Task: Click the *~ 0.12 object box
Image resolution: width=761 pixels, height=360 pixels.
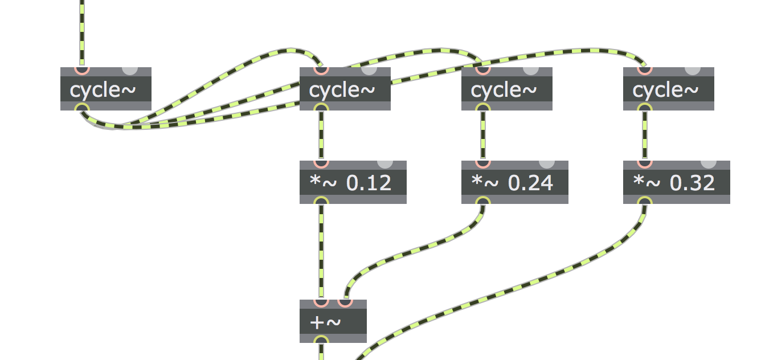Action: coord(353,182)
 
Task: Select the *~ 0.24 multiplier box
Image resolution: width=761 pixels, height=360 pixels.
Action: coord(515,182)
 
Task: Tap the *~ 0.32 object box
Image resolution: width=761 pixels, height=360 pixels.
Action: coord(676,182)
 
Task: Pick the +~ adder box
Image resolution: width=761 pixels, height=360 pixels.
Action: coord(333,321)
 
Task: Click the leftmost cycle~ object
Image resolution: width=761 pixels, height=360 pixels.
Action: coord(106,89)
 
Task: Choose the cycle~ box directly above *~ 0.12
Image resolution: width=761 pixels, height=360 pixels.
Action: coord(345,89)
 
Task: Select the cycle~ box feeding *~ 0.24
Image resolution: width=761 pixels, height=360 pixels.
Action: coord(507,89)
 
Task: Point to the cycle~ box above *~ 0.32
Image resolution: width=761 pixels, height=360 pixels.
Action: coord(669,89)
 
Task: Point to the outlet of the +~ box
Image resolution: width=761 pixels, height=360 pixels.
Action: coord(321,339)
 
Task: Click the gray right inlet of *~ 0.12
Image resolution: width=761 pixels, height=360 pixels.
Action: coord(385,164)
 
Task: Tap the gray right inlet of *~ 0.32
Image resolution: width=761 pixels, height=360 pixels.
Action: coord(709,164)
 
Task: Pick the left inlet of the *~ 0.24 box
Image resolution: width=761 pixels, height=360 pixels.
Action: coord(483,164)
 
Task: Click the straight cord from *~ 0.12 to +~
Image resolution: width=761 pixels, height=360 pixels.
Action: coord(321,252)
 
